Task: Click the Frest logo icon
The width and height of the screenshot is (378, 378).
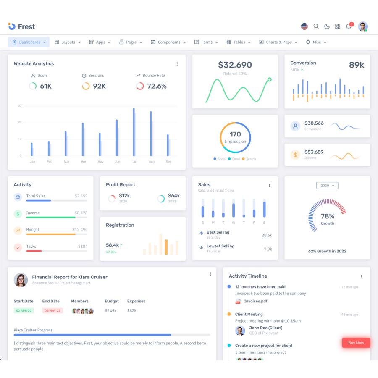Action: (12, 26)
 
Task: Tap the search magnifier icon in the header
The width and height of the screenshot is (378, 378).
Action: (316, 26)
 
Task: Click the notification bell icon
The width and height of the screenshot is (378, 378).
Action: (348, 26)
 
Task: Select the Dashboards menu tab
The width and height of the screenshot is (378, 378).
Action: (29, 42)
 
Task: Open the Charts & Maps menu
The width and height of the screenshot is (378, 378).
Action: (278, 42)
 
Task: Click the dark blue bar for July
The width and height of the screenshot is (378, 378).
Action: (134, 132)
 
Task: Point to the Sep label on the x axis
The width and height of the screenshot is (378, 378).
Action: (168, 162)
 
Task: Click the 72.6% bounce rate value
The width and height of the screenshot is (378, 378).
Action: (157, 86)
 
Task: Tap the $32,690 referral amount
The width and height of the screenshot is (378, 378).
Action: (235, 65)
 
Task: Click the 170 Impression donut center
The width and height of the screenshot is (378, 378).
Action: (235, 137)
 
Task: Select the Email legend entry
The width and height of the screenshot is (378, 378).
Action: (236, 159)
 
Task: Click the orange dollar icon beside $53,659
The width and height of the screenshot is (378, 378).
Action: (295, 155)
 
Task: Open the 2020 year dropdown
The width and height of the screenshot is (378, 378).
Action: (327, 185)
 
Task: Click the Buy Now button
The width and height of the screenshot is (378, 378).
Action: (356, 343)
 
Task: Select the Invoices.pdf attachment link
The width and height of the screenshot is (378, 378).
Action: (255, 301)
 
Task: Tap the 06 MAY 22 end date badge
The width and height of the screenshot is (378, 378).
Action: (52, 311)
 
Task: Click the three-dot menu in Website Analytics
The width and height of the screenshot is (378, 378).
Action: (177, 64)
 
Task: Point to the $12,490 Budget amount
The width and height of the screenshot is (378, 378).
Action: (80, 230)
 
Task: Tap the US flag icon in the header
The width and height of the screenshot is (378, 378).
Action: (304, 26)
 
